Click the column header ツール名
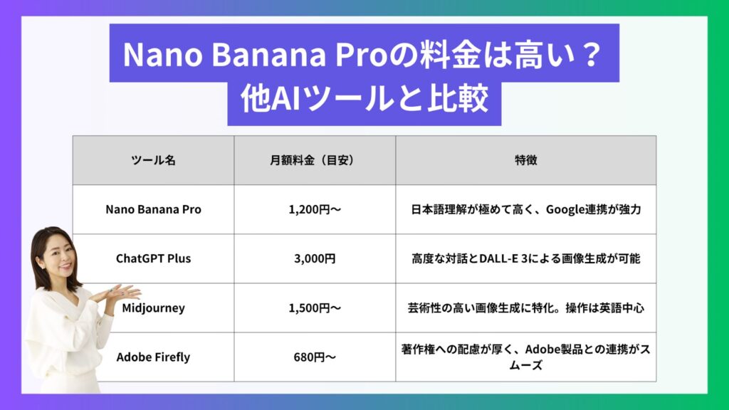point(154,160)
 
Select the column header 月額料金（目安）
point(315,160)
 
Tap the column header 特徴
point(526,160)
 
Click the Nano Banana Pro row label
point(154,210)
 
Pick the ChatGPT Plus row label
point(154,258)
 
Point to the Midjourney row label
point(154,307)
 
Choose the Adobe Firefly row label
point(154,357)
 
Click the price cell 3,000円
point(315,258)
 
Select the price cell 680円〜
point(315,357)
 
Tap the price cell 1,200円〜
point(315,210)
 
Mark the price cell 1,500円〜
point(315,307)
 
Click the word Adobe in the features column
point(542,349)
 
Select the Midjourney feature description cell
point(526,307)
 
